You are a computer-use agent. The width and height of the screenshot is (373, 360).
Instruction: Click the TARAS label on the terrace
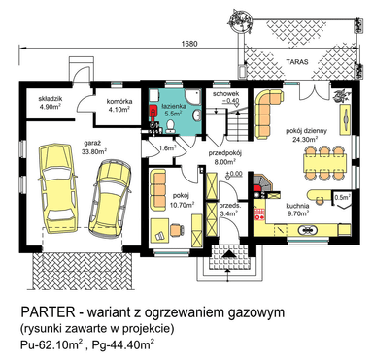pyautogui.click(x=297, y=61)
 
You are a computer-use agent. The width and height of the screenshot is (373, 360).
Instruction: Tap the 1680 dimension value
pyautogui.click(x=190, y=44)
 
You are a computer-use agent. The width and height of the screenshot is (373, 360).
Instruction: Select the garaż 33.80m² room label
pyautogui.click(x=95, y=147)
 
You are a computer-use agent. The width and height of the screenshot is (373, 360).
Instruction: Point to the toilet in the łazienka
pyautogui.click(x=170, y=126)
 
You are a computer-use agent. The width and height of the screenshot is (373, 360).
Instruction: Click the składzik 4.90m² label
pyautogui.click(x=51, y=103)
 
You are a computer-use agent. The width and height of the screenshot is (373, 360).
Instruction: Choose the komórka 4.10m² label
pyautogui.click(x=119, y=106)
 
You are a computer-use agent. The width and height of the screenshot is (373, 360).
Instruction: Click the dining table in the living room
pyautogui.click(x=324, y=163)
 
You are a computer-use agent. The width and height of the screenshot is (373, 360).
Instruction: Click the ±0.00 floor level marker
pyautogui.click(x=234, y=174)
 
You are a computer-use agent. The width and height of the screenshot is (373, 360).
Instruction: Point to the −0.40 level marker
pyautogui.click(x=230, y=101)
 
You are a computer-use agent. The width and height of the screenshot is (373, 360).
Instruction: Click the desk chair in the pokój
pyautogui.click(x=177, y=230)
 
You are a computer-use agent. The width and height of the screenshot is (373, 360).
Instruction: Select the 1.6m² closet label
pyautogui.click(x=167, y=148)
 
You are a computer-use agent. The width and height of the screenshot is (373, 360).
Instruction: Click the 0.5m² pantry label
pyautogui.click(x=342, y=197)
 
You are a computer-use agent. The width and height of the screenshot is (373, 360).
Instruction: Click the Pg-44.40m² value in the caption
pyautogui.click(x=123, y=344)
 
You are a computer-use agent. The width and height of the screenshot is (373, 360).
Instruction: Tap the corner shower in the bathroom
pyautogui.click(x=193, y=97)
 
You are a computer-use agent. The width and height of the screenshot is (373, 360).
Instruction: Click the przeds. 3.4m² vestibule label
pyautogui.click(x=229, y=209)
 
